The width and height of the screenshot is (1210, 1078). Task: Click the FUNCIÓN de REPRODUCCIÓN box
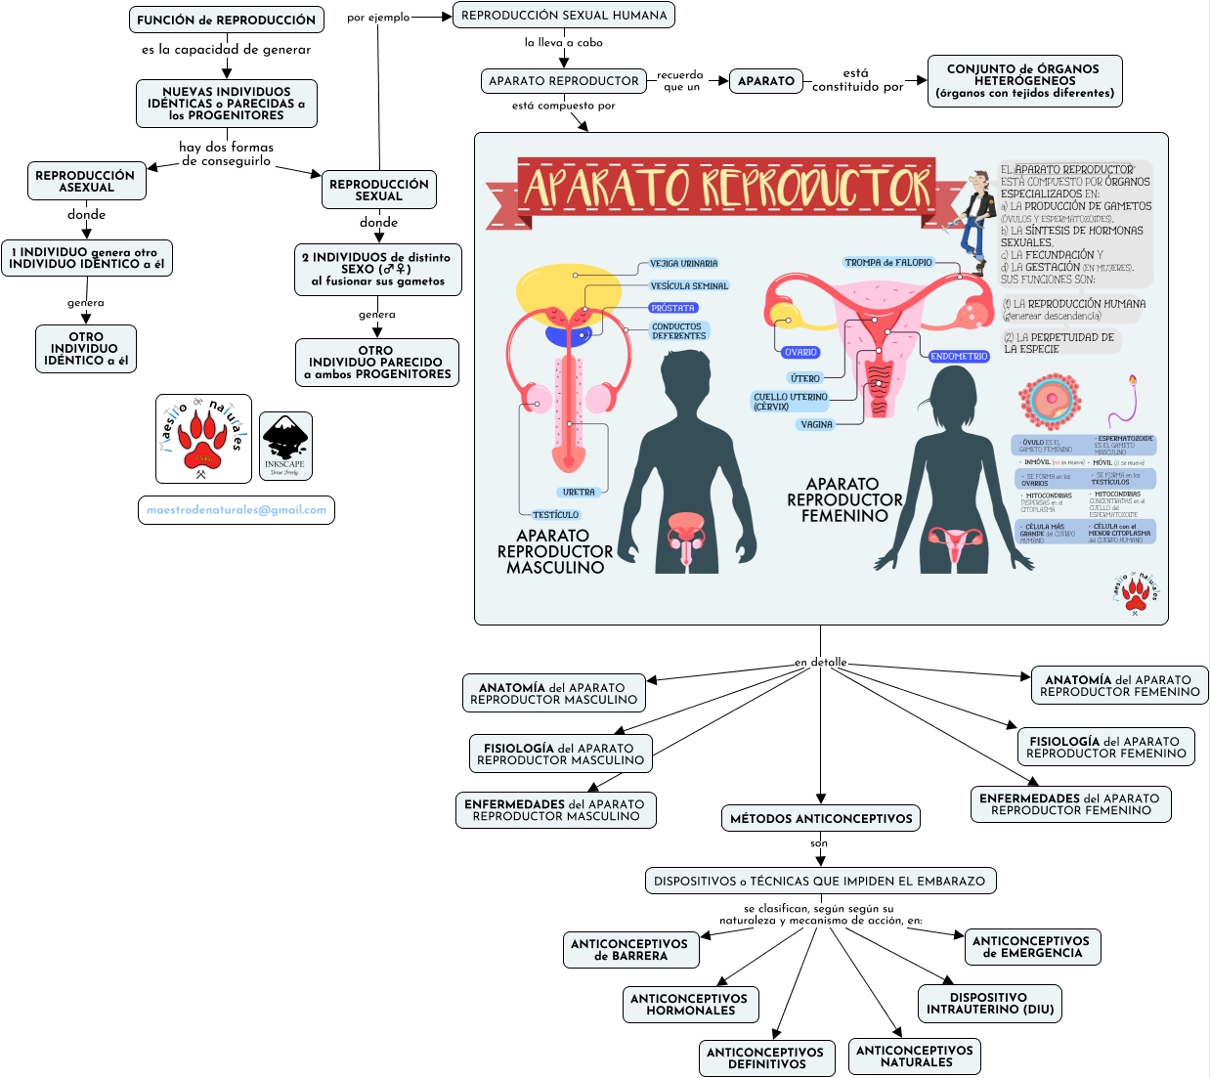pyautogui.click(x=226, y=20)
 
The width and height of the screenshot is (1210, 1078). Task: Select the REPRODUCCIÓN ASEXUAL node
pyautogui.click(x=86, y=182)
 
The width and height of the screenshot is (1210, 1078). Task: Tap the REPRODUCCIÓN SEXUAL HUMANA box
pyautogui.click(x=564, y=16)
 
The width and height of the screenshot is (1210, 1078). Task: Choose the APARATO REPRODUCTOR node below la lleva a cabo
pyautogui.click(x=563, y=81)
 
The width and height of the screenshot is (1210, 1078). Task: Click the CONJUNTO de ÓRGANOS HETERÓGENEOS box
pyautogui.click(x=1023, y=81)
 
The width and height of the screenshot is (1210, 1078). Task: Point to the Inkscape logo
pyautogui.click(x=285, y=446)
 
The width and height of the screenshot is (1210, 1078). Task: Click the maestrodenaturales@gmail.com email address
pyautogui.click(x=237, y=510)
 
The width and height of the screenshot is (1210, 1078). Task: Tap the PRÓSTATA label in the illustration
pyautogui.click(x=672, y=308)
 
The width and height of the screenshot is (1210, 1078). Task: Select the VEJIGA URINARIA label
pyautogui.click(x=684, y=264)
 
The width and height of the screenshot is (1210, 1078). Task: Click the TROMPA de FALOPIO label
pyautogui.click(x=888, y=263)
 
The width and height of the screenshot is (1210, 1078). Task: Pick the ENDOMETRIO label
pyautogui.click(x=959, y=357)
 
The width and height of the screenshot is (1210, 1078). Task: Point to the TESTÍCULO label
pyautogui.click(x=556, y=515)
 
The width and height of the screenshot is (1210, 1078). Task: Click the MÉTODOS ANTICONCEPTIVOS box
pyautogui.click(x=821, y=819)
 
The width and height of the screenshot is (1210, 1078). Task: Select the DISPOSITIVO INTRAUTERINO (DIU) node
pyautogui.click(x=990, y=1004)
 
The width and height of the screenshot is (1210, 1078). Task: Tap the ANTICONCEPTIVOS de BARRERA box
pyautogui.click(x=629, y=950)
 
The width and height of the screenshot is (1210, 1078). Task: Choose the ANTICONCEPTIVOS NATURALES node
pyautogui.click(x=915, y=1056)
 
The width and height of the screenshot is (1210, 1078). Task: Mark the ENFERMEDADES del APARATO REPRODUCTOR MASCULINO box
pyautogui.click(x=555, y=810)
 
